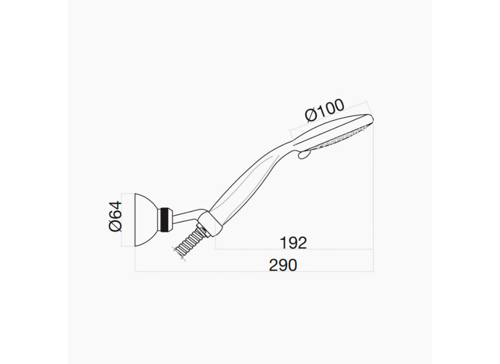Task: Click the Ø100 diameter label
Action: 325,111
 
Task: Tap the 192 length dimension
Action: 293,243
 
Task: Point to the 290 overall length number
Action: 283,265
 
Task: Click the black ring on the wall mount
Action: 165,220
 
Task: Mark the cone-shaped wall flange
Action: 146,220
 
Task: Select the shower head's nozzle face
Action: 339,138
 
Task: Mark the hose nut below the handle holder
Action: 203,230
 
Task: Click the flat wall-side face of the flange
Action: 136,220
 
